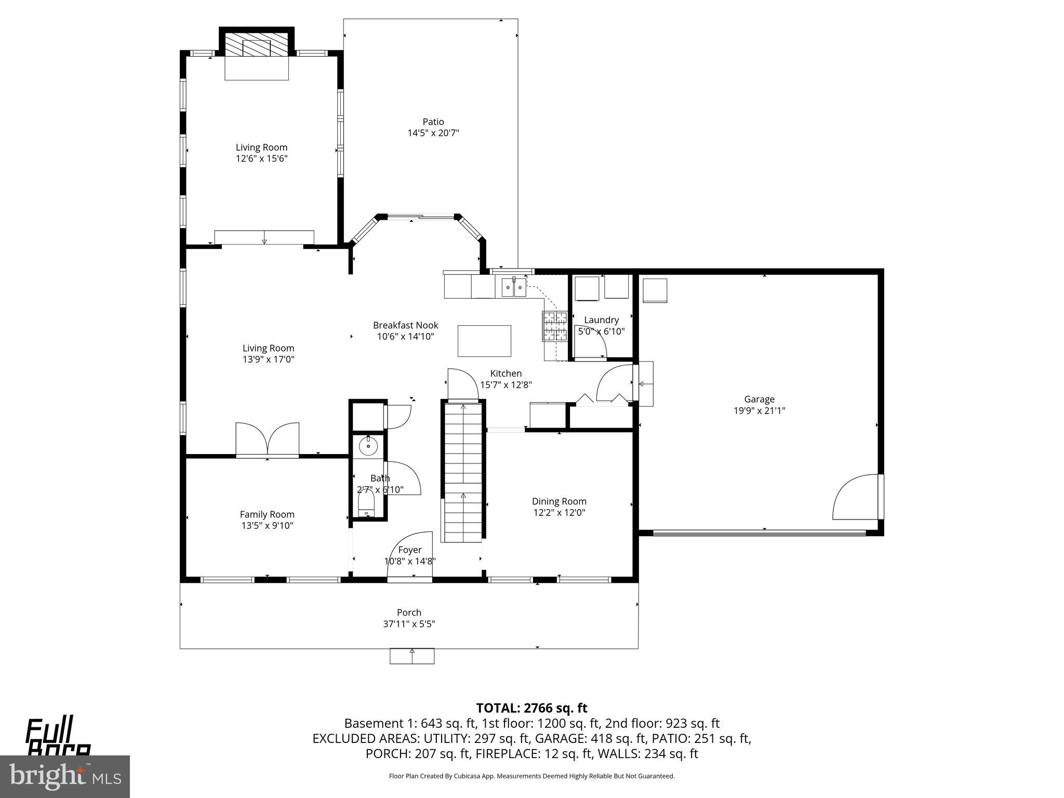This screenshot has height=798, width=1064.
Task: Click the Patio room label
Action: [433, 122]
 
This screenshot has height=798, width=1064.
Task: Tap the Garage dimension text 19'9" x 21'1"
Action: [759, 410]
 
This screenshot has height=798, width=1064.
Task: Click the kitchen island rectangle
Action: [484, 341]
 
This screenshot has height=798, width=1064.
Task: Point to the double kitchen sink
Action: [514, 287]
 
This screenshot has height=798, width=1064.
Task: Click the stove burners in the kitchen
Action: [555, 326]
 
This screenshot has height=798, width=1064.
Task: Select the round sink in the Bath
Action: [368, 446]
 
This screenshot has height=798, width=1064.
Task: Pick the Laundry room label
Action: [601, 320]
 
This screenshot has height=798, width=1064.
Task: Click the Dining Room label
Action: [559, 501]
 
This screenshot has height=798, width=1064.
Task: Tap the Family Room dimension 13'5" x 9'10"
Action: [267, 525]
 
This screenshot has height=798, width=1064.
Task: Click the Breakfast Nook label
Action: [405, 325]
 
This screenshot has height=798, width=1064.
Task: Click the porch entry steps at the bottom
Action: [412, 656]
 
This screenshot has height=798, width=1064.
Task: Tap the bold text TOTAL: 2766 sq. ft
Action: [531, 708]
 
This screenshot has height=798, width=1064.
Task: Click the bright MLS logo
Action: [65, 776]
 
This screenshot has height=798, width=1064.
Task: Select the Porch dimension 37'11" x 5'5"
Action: [409, 624]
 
